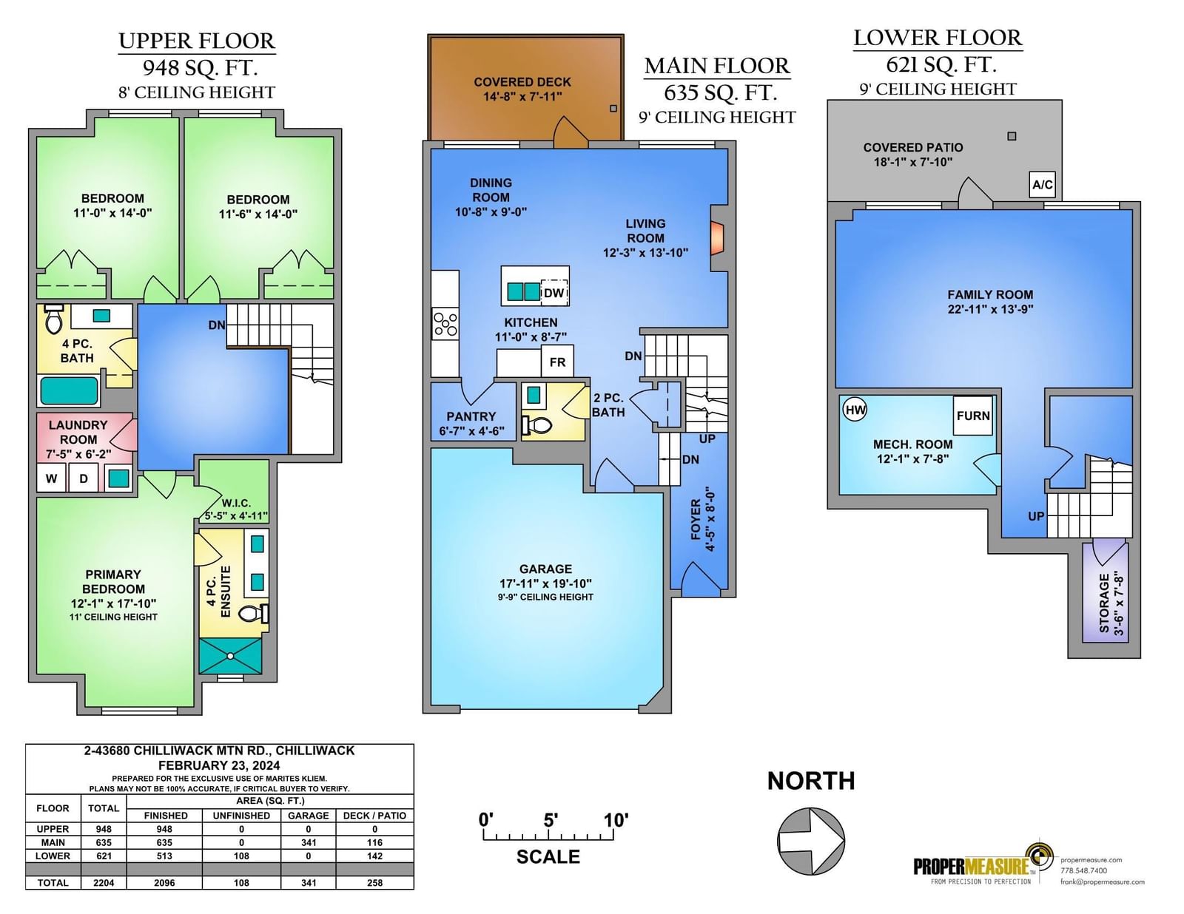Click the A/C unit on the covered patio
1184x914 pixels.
1043,185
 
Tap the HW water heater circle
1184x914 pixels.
855,410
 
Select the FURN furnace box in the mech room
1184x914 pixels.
972,416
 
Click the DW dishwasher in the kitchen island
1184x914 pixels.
554,293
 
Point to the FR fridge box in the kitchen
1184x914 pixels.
557,362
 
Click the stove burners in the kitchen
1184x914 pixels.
445,325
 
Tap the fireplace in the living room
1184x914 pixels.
717,238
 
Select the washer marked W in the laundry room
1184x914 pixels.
52,478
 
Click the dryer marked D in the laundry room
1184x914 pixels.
84,478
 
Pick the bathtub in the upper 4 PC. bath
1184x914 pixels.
69,390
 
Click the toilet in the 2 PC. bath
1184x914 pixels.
537,425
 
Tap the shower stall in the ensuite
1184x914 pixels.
230,655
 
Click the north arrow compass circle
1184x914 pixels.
811,841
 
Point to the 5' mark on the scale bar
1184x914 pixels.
551,820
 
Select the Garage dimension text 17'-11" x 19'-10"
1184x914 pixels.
545,583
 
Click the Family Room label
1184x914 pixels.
990,294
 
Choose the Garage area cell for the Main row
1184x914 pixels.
309,843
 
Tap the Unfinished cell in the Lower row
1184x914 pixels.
241,856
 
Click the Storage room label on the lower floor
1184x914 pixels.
1104,603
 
